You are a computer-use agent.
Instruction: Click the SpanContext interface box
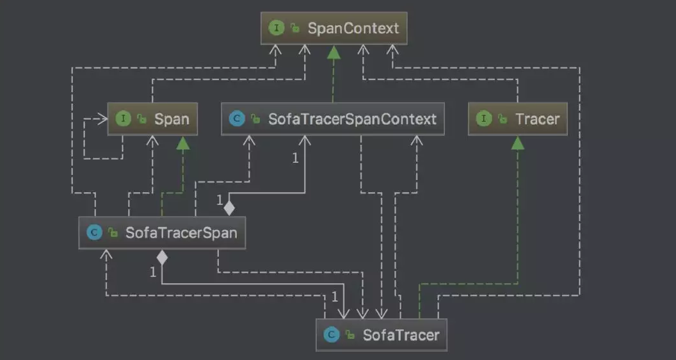[x=334, y=28]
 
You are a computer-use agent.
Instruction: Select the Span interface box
[x=152, y=119]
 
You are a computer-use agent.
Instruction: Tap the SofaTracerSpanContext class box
[x=332, y=119]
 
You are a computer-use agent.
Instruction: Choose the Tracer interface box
[x=517, y=119]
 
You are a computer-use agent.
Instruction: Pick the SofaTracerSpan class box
[x=162, y=233]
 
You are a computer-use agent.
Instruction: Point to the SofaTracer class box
[x=381, y=335]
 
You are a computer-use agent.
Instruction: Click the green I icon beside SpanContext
[x=277, y=28]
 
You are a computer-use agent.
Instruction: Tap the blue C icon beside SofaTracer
[x=331, y=335]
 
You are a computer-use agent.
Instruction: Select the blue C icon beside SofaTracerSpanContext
[x=237, y=119]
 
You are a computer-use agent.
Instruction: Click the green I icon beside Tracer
[x=484, y=119]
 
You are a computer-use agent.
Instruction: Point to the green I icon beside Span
[x=124, y=119]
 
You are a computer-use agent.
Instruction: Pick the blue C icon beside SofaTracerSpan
[x=94, y=233]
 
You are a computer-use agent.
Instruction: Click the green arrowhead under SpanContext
[x=334, y=52]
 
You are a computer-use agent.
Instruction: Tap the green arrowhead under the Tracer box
[x=517, y=142]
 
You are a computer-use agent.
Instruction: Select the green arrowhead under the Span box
[x=183, y=142]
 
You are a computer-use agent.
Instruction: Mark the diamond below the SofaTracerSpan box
[x=162, y=257]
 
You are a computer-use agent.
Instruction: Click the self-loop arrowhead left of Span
[x=102, y=119]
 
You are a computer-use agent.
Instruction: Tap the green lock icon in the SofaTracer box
[x=350, y=335]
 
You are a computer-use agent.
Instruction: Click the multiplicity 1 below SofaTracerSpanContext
[x=295, y=158]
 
